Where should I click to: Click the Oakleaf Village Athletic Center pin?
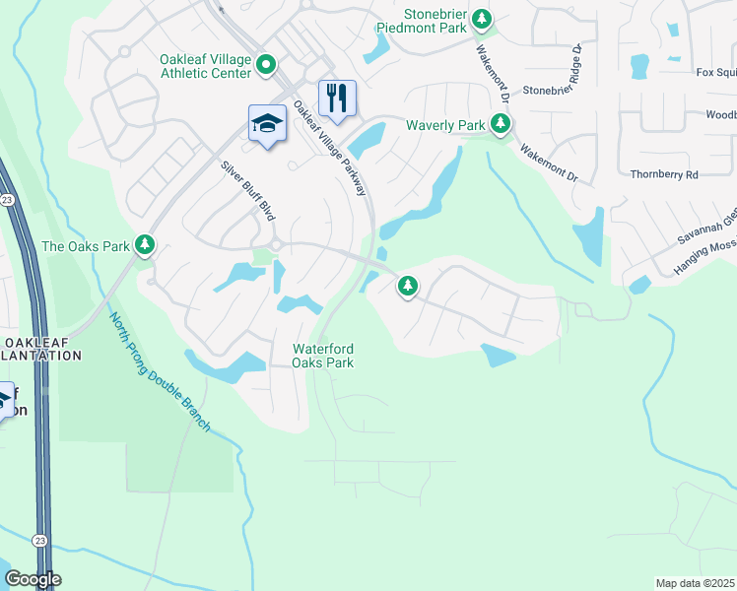point(266,66)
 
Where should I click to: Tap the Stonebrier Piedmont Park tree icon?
point(482,18)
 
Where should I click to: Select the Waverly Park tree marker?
point(502,124)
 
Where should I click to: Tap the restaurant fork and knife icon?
point(337,98)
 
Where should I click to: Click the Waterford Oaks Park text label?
point(323,356)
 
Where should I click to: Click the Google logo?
point(32,579)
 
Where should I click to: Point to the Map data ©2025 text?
point(696,583)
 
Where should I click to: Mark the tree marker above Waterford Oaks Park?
point(407,287)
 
